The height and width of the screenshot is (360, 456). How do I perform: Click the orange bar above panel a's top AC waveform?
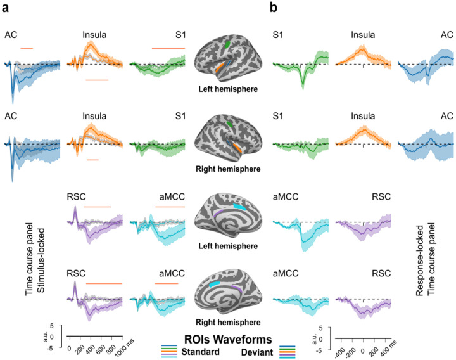[x=27, y=48]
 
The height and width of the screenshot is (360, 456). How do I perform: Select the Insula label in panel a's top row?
[x=93, y=35]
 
